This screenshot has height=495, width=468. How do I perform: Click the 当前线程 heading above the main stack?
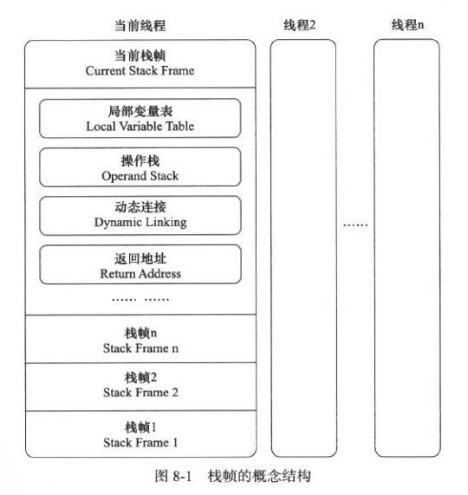pyautogui.click(x=140, y=25)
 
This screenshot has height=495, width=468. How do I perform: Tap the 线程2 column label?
pyautogui.click(x=299, y=24)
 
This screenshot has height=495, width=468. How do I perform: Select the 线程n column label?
pyautogui.click(x=407, y=24)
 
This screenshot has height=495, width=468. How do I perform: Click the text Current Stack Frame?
pyautogui.click(x=140, y=70)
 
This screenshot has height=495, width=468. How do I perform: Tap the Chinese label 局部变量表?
pyautogui.click(x=140, y=111)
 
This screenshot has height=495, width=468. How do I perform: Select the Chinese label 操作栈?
pyautogui.click(x=140, y=160)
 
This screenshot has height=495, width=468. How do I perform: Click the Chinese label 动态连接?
pyautogui.click(x=140, y=207)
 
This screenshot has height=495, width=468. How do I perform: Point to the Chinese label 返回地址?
pyautogui.click(x=140, y=258)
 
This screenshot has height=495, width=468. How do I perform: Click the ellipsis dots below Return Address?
pyautogui.click(x=140, y=299)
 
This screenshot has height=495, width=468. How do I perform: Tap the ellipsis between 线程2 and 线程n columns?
pyautogui.click(x=355, y=225)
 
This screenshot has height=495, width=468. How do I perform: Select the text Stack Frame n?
pyautogui.click(x=140, y=348)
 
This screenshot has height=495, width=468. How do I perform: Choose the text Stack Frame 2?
pyautogui.click(x=140, y=393)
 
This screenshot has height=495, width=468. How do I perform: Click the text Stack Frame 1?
pyautogui.click(x=140, y=442)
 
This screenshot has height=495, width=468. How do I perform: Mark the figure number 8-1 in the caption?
pyautogui.click(x=182, y=476)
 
